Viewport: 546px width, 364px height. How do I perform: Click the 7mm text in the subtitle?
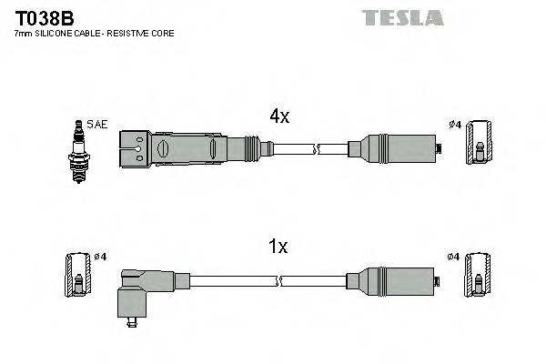(23, 34)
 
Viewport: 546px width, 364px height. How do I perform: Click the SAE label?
(96, 125)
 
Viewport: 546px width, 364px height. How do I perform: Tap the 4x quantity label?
(278, 116)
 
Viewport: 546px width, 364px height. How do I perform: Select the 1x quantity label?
(278, 246)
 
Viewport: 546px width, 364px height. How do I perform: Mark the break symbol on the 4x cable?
(316, 147)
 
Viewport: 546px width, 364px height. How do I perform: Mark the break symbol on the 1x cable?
(316, 278)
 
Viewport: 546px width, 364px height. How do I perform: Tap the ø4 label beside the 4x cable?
(455, 125)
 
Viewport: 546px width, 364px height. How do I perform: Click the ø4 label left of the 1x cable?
(100, 257)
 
